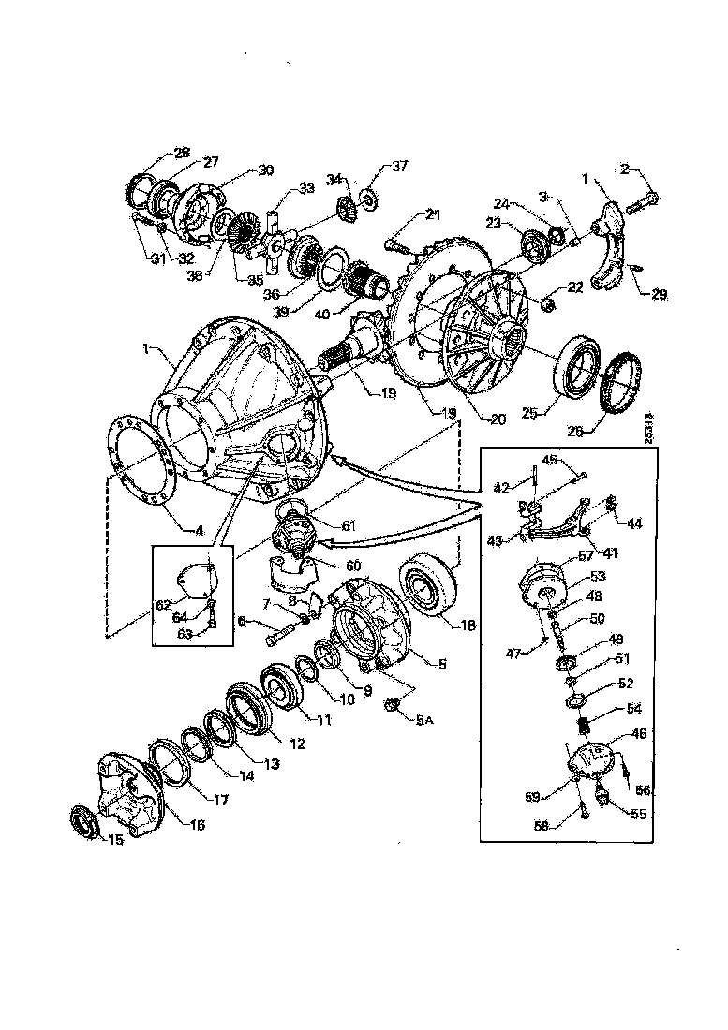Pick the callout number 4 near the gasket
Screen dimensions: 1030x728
(199, 530)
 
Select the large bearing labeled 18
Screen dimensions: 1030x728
(430, 587)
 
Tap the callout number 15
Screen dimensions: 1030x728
(115, 840)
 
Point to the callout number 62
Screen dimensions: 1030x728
(164, 606)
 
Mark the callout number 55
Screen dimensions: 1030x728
(637, 815)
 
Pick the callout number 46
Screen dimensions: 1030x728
(639, 736)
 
